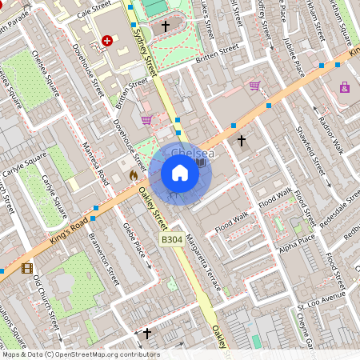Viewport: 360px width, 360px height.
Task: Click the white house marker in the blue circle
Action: click(180, 173)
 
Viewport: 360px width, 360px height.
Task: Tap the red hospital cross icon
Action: click(107, 40)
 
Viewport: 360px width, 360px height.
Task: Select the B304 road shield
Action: click(172, 239)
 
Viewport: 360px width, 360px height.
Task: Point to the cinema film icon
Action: click(28, 268)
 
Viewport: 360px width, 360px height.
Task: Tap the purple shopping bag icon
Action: click(345, 87)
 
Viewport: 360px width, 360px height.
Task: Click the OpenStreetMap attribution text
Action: click(80, 354)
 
